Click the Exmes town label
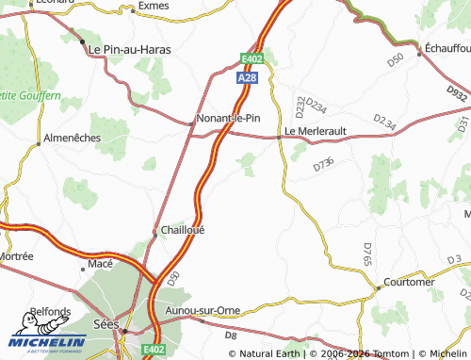tap(153, 6)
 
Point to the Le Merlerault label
tap(317, 132)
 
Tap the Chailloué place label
tap(183, 229)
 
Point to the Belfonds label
tap(50, 311)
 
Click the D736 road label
tap(322, 166)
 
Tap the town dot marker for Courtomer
tap(381, 284)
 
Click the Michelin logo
tap(43, 341)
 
